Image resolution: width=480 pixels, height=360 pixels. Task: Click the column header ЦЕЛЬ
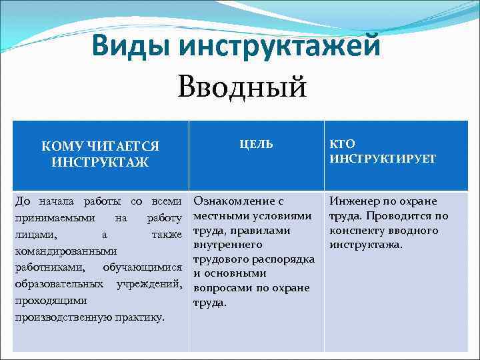[256, 145]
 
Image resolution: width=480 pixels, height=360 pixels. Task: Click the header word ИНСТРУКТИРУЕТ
[383, 159]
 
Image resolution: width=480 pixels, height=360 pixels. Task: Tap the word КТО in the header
[343, 144]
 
